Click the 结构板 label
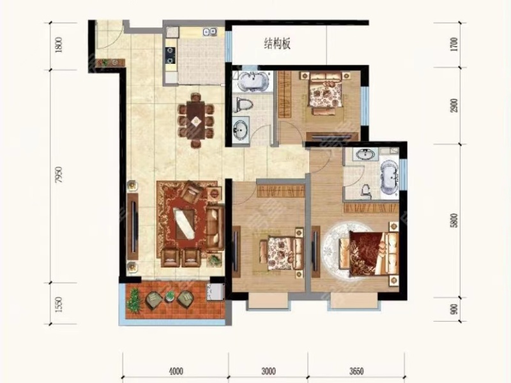pyautogui.click(x=277, y=43)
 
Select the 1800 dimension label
pyautogui.click(x=59, y=45)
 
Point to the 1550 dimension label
pyautogui.click(x=59, y=304)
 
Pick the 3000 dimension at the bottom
pyautogui.click(x=268, y=371)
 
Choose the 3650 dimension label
pyautogui.click(x=356, y=371)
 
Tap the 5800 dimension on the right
pyautogui.click(x=454, y=220)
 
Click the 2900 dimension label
pyautogui.click(x=454, y=105)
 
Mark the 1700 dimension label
pyautogui.click(x=454, y=45)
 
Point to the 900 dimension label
pyautogui.click(x=454, y=309)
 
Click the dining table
pyautogui.click(x=196, y=120)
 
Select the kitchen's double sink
pyautogui.click(x=210, y=31)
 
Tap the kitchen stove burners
pyautogui.click(x=171, y=55)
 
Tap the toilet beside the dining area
pyautogui.click(x=244, y=105)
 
